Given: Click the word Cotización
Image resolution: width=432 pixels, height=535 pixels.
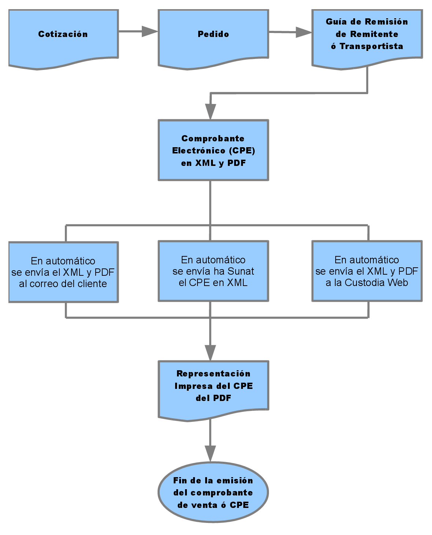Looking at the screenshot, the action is coord(63,34).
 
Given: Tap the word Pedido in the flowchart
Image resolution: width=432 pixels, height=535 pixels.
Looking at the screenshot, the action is coord(213,34).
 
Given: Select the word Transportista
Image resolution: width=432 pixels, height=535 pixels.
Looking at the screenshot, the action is coord(371,46).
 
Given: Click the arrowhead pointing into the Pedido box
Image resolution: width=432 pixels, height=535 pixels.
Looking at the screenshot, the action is coord(150,31).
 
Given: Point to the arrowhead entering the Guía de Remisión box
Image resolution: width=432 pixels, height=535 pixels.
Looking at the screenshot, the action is coord(304,32).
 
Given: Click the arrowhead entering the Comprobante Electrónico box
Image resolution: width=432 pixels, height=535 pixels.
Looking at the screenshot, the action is coord(211,112).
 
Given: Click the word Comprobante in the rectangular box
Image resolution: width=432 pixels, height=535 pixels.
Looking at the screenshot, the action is coord(213,138).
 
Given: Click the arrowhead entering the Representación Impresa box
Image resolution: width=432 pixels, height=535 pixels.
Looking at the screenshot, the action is coord(210,353).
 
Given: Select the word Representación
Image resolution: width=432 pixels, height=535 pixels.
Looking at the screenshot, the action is coord(214,374).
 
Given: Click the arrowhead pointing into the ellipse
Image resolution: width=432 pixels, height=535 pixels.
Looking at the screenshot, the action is coord(210,454).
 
